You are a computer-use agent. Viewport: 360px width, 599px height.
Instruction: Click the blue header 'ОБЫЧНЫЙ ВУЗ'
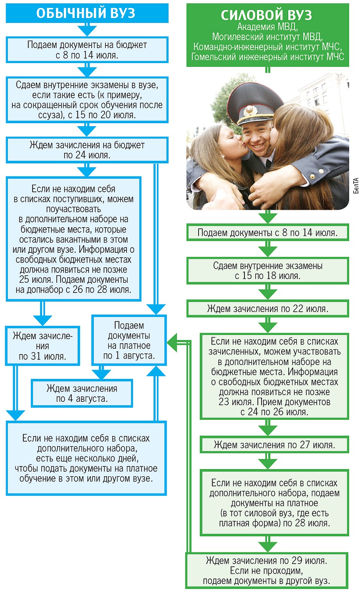point(87,13)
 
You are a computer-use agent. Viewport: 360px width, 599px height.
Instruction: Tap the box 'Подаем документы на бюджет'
point(87,50)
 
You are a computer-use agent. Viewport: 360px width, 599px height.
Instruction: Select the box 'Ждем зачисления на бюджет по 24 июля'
point(87,150)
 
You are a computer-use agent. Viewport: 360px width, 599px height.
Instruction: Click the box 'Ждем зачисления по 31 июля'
point(42,346)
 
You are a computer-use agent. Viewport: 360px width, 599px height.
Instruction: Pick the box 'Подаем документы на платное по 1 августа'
point(129,340)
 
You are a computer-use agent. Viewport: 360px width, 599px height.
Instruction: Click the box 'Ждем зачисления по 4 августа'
point(82,393)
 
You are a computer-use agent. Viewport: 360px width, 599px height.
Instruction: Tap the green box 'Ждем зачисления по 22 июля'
point(268,309)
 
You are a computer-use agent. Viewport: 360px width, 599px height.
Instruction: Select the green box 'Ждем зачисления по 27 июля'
point(274,445)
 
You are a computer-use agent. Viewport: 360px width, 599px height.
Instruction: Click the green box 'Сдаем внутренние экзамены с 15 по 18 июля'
point(268,271)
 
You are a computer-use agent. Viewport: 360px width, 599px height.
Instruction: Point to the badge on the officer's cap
point(249,110)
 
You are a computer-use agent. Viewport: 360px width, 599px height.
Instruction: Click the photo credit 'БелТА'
point(356,186)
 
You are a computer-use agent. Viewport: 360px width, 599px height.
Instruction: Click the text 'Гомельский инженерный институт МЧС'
point(268,57)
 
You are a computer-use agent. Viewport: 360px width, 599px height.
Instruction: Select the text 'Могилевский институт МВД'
point(267,37)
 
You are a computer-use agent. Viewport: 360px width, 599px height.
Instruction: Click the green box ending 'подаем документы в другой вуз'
point(267,571)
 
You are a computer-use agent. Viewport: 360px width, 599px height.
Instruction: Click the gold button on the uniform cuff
point(312,176)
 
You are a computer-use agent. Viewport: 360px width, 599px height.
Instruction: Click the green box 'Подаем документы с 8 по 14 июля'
point(268,232)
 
